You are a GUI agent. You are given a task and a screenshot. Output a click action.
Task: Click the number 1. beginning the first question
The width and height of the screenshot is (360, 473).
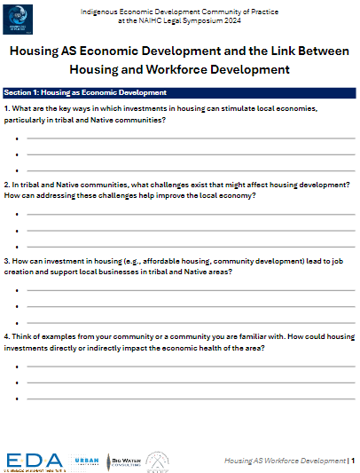(x=7, y=108)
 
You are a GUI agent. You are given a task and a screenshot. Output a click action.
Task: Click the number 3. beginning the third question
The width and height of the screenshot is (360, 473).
(x=7, y=261)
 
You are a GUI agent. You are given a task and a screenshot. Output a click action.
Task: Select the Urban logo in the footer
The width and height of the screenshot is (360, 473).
(x=85, y=460)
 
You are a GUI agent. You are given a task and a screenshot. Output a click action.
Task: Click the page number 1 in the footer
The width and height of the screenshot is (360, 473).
(x=353, y=461)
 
